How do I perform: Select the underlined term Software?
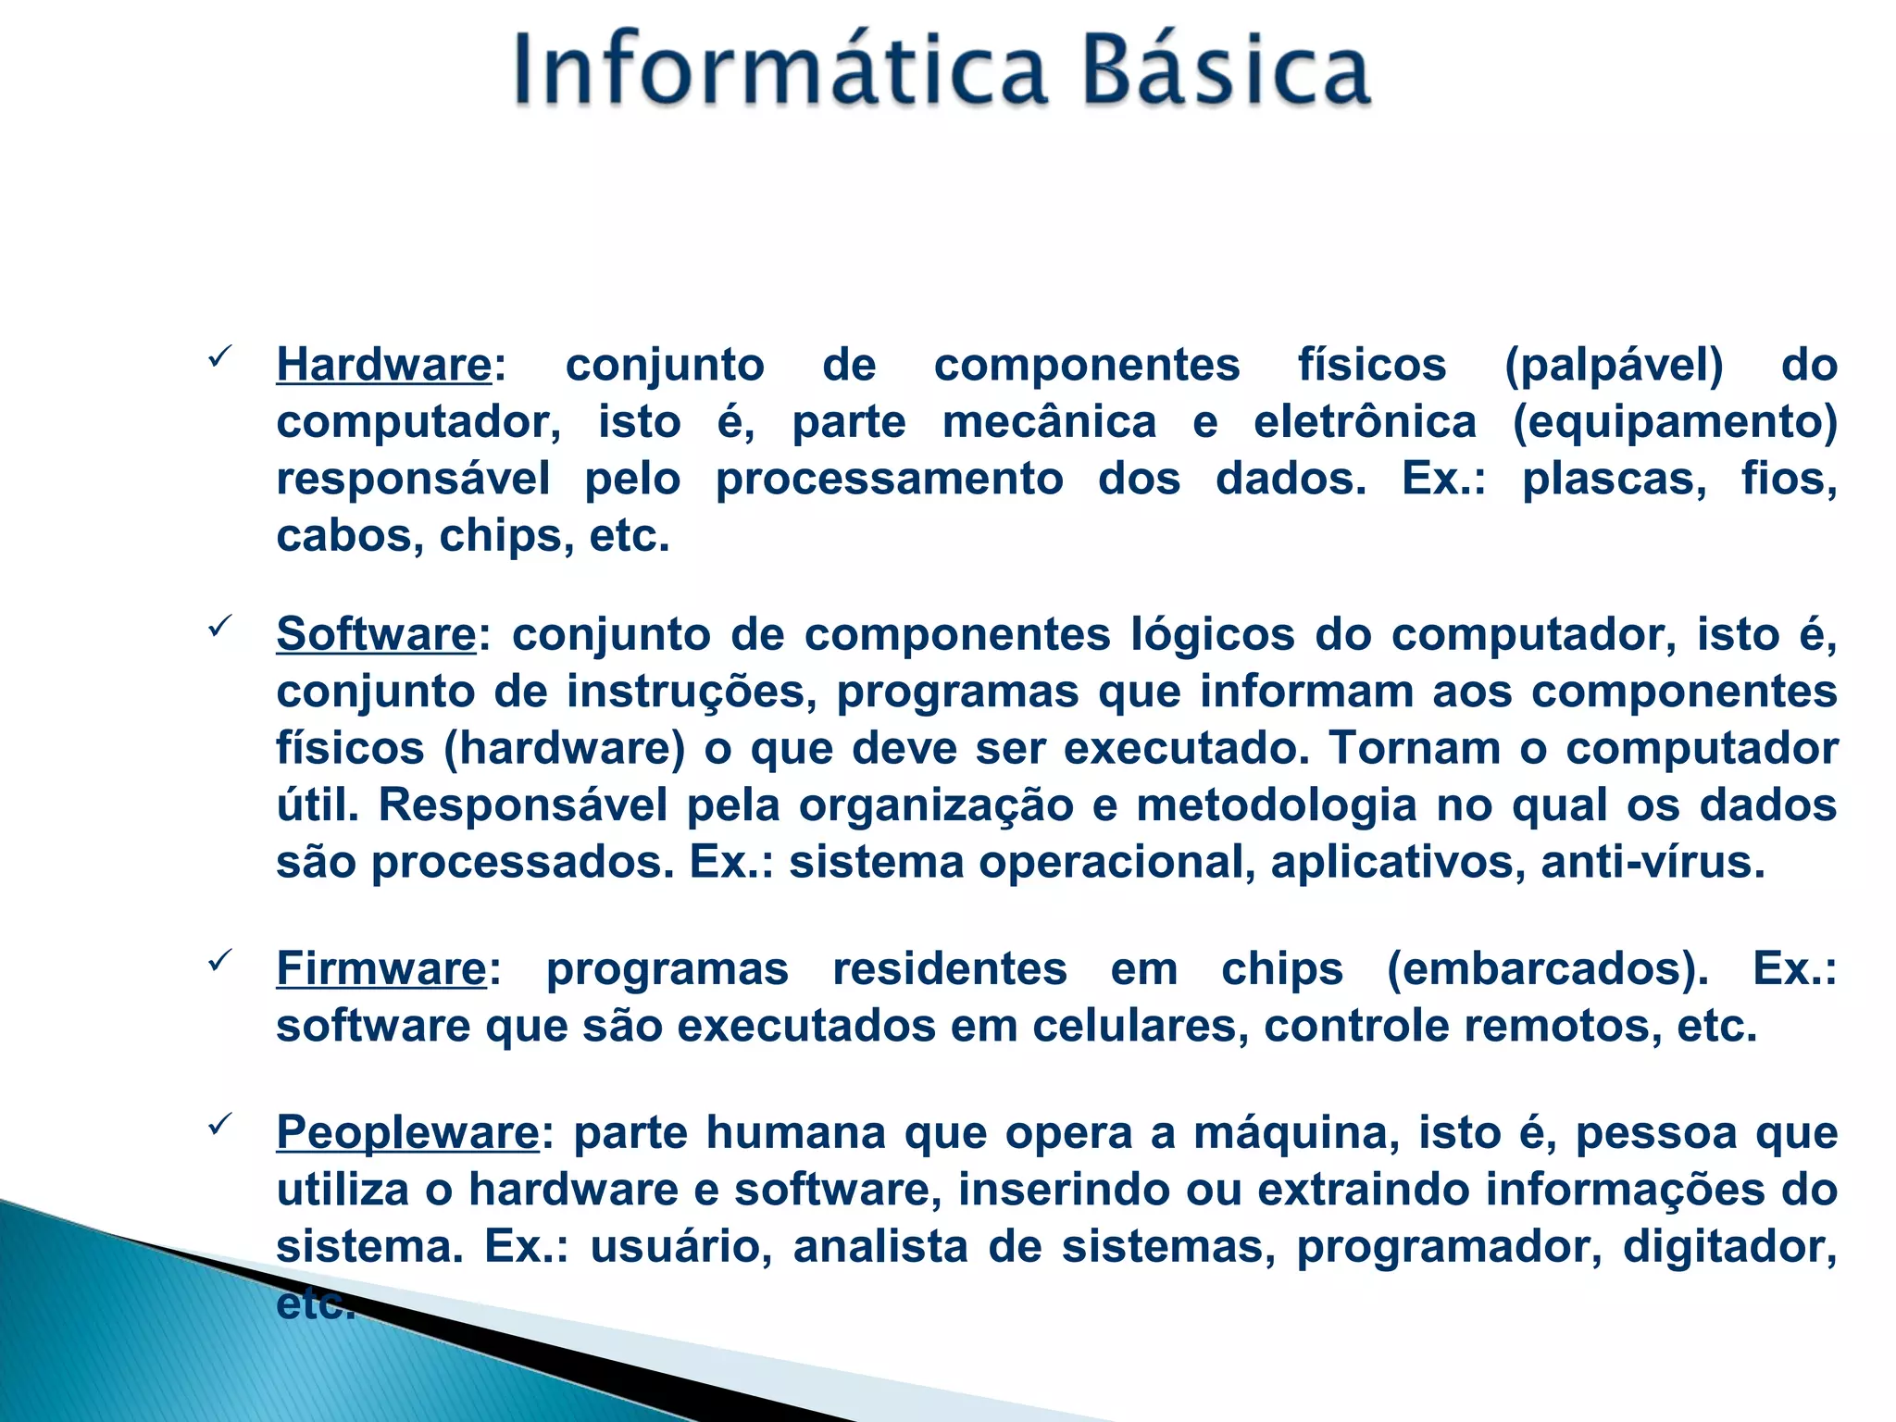click(376, 635)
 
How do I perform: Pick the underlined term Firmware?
click(381, 969)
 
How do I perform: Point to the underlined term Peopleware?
click(407, 1132)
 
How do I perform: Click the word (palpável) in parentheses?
click(1614, 365)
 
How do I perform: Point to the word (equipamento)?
click(1675, 422)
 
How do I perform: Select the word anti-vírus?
click(1653, 863)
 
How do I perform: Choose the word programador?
click(1449, 1247)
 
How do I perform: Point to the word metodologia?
click(1277, 805)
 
